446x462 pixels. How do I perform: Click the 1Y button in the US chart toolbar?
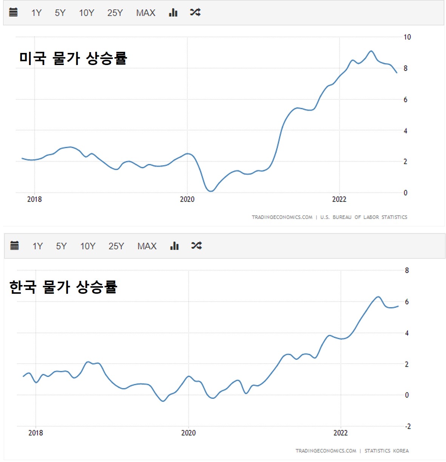(36, 13)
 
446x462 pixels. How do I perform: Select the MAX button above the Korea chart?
(147, 246)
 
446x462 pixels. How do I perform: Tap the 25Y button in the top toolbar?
(115, 13)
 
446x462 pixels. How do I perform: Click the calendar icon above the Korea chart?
(14, 246)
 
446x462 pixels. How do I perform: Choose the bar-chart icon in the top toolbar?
(173, 12)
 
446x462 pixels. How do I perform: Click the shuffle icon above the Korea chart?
(196, 246)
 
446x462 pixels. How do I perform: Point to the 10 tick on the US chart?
(407, 37)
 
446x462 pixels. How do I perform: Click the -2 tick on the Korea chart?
(407, 426)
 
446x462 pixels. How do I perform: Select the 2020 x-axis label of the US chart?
(187, 199)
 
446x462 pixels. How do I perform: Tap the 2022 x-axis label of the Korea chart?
(340, 433)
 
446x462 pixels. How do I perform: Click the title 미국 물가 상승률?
(73, 58)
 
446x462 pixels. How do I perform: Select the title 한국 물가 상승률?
(63, 287)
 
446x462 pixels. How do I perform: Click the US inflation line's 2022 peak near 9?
(371, 51)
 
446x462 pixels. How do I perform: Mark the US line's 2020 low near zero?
(210, 191)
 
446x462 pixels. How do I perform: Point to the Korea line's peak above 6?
(378, 297)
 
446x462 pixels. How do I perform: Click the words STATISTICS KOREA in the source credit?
(386, 451)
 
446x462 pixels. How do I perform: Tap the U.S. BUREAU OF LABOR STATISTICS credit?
(364, 217)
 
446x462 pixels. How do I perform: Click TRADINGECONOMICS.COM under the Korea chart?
(326, 451)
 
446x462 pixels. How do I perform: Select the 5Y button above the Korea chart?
(61, 246)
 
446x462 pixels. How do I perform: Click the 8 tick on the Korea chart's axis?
(407, 270)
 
